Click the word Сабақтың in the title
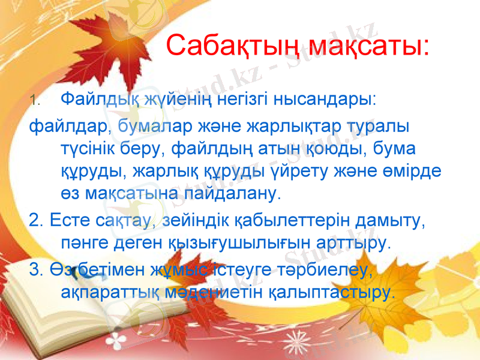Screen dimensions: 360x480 pyautogui.click(x=232, y=45)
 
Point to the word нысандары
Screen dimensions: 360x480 pyautogui.click(x=325, y=97)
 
